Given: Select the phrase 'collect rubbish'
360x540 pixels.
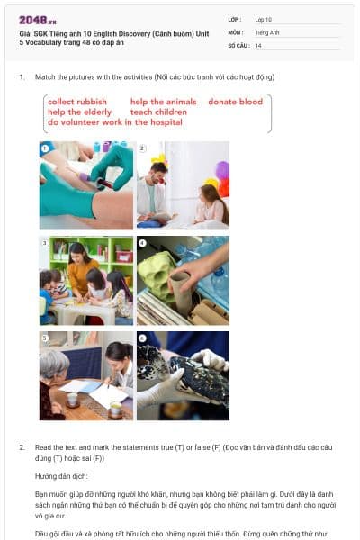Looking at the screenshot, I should click(x=77, y=102).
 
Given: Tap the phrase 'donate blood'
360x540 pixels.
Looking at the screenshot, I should click(x=235, y=102).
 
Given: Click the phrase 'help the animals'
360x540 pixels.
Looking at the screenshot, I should click(x=163, y=102).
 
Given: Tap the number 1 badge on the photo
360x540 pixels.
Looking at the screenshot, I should click(x=44, y=147).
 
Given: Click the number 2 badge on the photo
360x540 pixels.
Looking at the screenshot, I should click(x=142, y=147).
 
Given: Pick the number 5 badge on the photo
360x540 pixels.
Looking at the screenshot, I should click(x=44, y=337).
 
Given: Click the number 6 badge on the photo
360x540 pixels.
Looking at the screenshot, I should click(x=142, y=337).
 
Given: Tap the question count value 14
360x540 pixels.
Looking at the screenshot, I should click(x=258, y=45).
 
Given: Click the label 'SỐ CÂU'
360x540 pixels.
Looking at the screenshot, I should click(x=238, y=45).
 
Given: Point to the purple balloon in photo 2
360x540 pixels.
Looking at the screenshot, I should click(x=222, y=169).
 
